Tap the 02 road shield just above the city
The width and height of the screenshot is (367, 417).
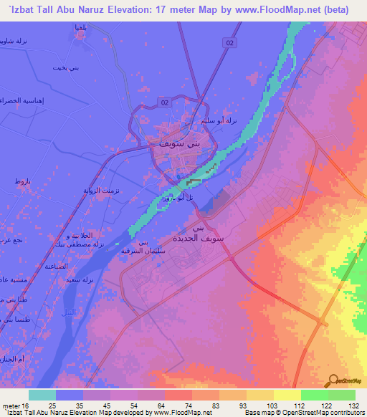[x=166, y=104]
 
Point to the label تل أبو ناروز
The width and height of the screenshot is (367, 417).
[x=174, y=196]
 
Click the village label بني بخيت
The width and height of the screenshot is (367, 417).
[x=63, y=68]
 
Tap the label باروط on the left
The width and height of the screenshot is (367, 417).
[x=22, y=183]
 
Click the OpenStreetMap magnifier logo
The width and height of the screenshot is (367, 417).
[x=334, y=380]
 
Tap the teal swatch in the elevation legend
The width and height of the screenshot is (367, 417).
[x=42, y=394]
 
